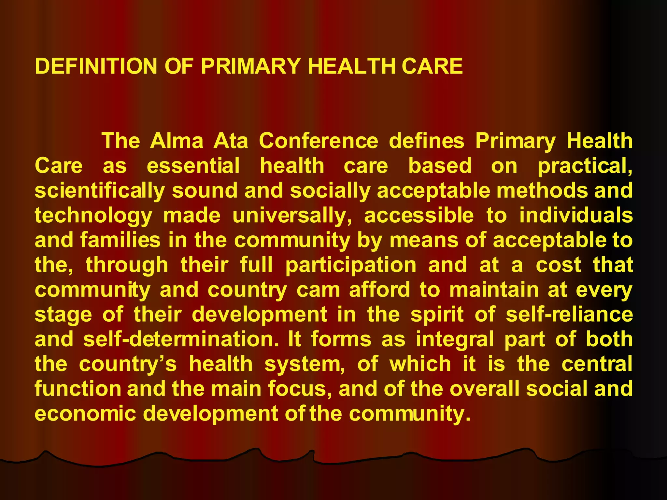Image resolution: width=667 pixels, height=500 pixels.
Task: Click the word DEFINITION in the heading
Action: [96, 66]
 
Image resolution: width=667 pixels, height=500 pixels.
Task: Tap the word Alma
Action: [177, 141]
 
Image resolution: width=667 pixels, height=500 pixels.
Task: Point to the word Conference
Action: [319, 141]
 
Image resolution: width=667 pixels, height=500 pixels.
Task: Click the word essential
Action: [193, 166]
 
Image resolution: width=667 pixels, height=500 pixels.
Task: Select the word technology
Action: [93, 216]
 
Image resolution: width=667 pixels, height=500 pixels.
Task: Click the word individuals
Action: [576, 216]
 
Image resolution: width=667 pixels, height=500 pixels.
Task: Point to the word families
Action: [121, 240]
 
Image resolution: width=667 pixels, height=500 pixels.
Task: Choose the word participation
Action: [351, 265]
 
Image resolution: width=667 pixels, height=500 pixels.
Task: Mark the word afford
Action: [379, 290]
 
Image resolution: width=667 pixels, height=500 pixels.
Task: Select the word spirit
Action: [437, 315]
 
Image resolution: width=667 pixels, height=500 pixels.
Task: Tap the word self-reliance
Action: [569, 315]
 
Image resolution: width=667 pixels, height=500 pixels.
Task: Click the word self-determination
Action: [181, 340]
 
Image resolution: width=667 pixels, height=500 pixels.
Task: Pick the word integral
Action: [455, 340]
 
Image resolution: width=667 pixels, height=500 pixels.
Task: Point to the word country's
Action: [128, 364]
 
